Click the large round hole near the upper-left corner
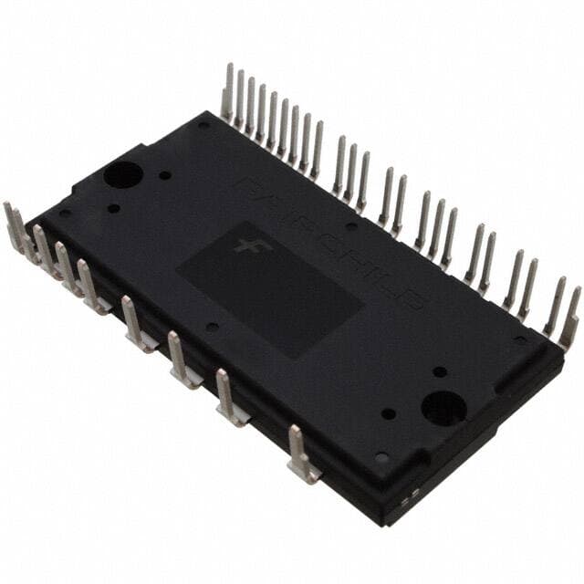click(121, 174)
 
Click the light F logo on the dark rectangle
click(245, 245)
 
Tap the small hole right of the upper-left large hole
click(164, 175)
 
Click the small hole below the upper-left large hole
click(113, 208)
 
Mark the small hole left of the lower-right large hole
click(390, 413)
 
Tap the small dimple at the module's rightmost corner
click(520, 340)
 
